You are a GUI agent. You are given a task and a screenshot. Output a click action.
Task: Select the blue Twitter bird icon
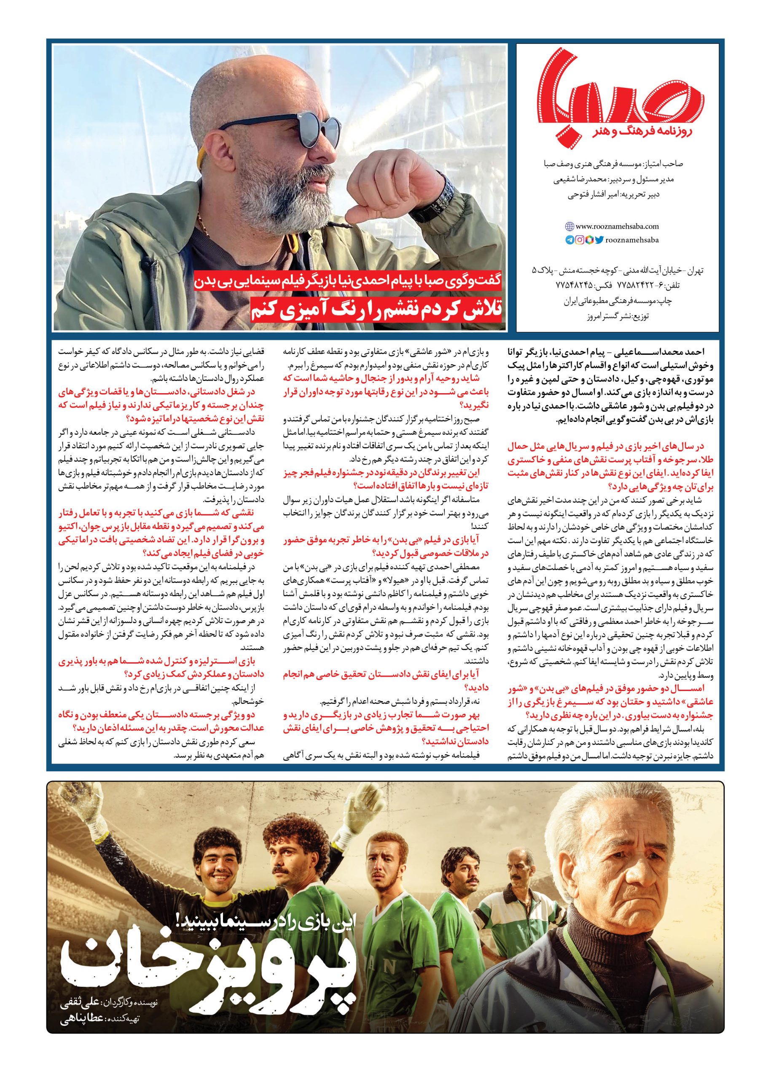tap(599, 240)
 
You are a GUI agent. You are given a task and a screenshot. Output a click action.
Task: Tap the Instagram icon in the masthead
tap(580, 240)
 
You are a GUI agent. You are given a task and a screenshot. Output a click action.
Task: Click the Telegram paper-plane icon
tap(570, 240)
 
